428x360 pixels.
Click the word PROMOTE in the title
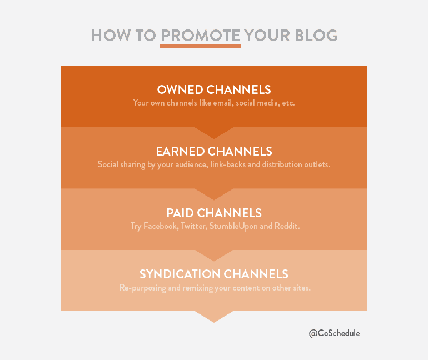tap(201, 36)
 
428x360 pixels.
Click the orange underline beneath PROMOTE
tap(201, 46)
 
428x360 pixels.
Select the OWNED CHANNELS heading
tap(214, 89)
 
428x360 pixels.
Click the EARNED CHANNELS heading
tap(214, 151)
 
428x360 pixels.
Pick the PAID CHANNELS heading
tap(214, 213)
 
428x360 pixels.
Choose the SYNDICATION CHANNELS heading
tap(214, 274)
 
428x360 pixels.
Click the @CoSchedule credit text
tap(334, 333)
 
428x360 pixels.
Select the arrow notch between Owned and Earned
tap(214, 133)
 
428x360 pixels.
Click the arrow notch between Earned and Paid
tap(214, 194)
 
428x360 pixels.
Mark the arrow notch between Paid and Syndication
tap(214, 256)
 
